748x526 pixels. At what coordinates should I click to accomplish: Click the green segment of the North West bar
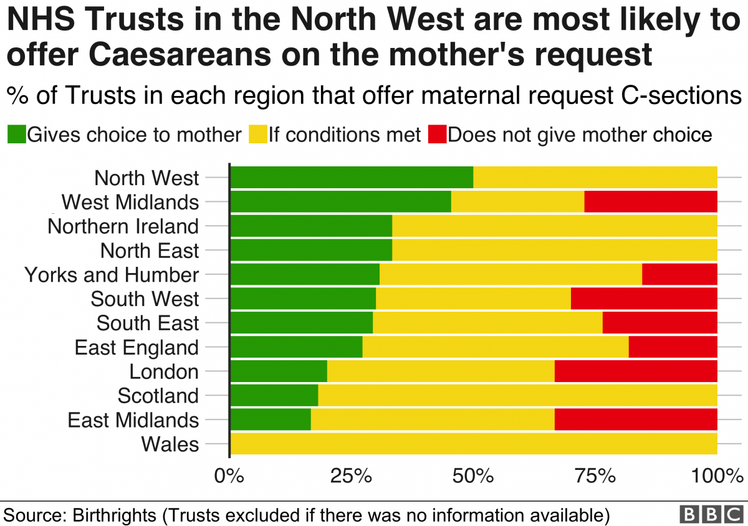click(352, 178)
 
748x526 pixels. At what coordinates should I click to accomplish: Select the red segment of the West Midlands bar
click(651, 201)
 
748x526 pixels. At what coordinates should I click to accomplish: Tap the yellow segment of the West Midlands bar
click(517, 201)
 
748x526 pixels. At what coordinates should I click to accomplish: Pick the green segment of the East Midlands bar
click(271, 419)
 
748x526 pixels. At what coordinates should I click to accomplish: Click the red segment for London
click(636, 371)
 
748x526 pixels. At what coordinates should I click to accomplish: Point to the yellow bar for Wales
click(474, 444)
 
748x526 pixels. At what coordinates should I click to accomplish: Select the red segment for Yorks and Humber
click(679, 274)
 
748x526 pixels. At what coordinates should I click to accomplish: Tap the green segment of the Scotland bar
click(274, 395)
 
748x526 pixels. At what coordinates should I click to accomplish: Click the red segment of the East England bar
click(673, 347)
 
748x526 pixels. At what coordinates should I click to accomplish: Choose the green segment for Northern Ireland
click(311, 226)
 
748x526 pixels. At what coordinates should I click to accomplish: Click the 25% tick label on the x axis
click(351, 476)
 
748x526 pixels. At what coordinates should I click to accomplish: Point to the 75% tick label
click(595, 476)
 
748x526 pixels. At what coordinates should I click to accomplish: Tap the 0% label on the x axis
click(229, 476)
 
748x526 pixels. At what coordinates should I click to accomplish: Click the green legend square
click(17, 134)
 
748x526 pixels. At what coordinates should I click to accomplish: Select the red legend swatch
click(438, 134)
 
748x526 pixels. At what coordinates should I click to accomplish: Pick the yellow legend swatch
click(258, 134)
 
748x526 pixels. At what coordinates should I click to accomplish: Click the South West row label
click(145, 299)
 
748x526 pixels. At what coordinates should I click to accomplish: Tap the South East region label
click(148, 323)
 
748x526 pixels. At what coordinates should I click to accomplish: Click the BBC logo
click(711, 515)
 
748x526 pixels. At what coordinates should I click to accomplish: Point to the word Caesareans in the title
click(180, 55)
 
